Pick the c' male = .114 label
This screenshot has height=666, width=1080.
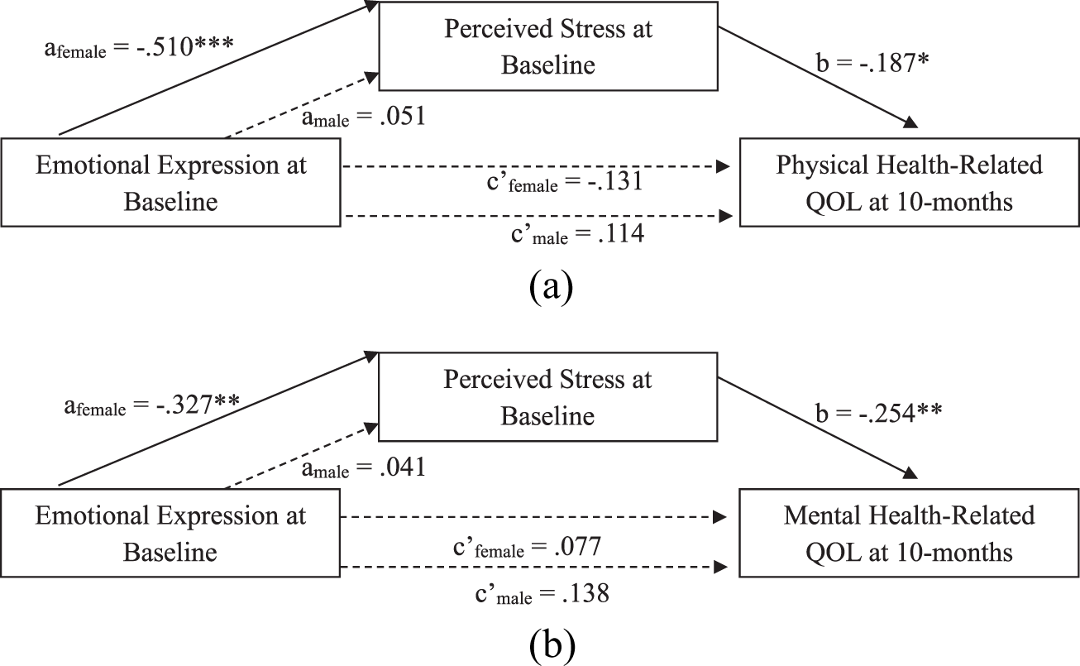(x=576, y=235)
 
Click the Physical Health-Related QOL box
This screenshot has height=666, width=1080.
(x=909, y=182)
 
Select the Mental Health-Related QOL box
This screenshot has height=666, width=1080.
(x=909, y=533)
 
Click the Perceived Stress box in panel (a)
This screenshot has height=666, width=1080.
(x=547, y=46)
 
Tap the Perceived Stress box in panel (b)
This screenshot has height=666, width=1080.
(x=547, y=396)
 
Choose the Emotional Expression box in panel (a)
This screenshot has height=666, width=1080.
(x=170, y=182)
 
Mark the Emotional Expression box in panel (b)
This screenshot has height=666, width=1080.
(x=170, y=533)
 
